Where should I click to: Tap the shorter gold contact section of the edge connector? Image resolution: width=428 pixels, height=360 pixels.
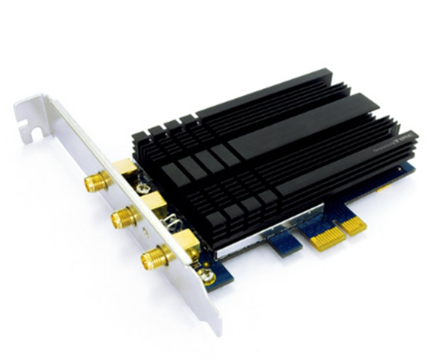[x=353, y=226]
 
